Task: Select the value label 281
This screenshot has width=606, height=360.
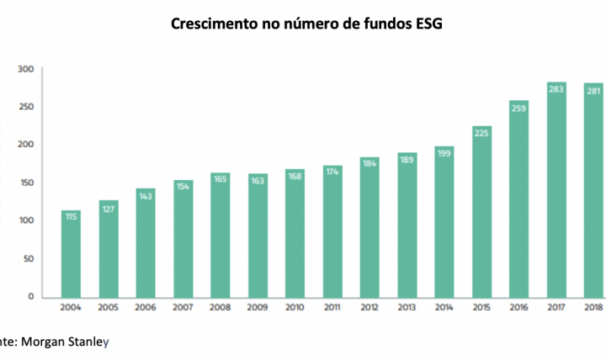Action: pyautogui.click(x=592, y=91)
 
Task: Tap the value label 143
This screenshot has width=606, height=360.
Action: pyautogui.click(x=145, y=196)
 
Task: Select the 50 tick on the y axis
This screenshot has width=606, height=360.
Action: pyautogui.click(x=27, y=258)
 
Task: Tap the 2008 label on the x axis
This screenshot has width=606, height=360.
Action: pyautogui.click(x=220, y=308)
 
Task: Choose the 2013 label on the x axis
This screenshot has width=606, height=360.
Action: pyautogui.click(x=406, y=308)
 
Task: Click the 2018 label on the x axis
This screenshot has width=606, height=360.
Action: pyautogui.click(x=592, y=308)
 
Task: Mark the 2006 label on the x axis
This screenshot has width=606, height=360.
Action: pyautogui.click(x=145, y=308)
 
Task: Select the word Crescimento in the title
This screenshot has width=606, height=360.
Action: pyautogui.click(x=212, y=24)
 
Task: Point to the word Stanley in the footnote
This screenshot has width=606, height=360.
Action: pyautogui.click(x=91, y=342)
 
